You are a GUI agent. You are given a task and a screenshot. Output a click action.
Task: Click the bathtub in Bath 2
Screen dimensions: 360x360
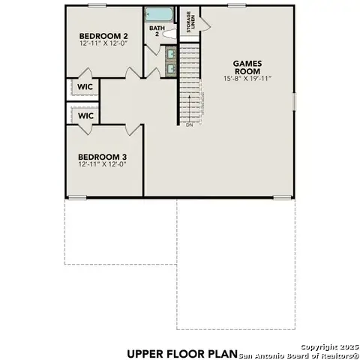click(159, 14)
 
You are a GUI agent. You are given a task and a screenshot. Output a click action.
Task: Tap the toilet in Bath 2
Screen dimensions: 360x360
click(169, 34)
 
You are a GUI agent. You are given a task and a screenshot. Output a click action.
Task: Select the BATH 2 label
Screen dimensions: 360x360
click(155, 31)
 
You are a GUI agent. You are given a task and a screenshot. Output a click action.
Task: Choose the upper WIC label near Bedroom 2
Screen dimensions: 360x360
click(85, 87)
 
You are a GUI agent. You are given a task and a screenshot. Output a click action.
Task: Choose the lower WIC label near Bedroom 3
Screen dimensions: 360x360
click(85, 115)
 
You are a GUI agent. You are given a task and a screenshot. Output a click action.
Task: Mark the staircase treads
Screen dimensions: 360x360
click(190, 82)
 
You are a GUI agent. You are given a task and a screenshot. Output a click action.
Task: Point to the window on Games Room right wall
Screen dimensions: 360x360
click(293, 100)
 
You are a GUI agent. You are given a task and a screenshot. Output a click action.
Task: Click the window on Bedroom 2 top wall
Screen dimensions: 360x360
click(97, 5)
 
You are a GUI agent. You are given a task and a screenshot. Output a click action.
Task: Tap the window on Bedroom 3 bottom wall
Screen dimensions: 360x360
click(76, 198)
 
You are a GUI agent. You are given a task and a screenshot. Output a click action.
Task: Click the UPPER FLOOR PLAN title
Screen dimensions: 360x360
click(181, 352)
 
